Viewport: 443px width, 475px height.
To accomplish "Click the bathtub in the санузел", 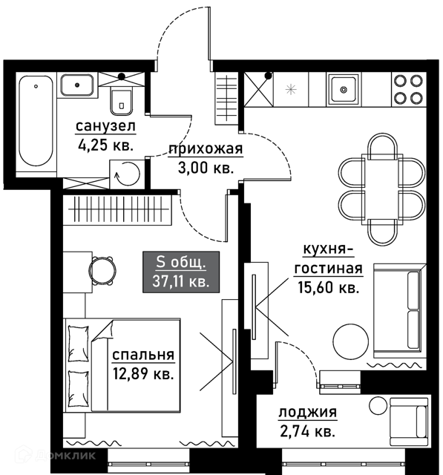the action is [36, 120].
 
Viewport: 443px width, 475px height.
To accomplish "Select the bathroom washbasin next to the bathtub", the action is [77, 85].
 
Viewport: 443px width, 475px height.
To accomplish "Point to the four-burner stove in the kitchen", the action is [408, 89].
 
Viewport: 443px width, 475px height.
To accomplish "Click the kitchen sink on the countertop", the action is [344, 89].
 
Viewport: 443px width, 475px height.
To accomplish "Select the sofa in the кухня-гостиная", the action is [400, 310].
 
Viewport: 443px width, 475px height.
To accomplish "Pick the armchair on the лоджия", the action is [408, 422].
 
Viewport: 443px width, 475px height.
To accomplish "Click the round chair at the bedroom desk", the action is [102, 271].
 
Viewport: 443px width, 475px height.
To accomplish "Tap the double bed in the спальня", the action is [122, 365].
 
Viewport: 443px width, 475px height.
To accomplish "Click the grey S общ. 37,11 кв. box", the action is [181, 272].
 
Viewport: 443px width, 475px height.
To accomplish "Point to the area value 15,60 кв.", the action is [328, 287].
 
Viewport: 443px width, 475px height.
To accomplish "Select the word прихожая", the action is [206, 149].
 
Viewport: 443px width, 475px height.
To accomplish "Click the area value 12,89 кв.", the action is [143, 373].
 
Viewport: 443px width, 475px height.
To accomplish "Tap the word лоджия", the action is [307, 413].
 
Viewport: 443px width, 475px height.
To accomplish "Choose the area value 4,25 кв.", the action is [105, 145].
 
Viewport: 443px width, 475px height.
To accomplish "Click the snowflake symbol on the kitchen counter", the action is [291, 89].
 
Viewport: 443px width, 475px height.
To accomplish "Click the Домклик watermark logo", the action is [55, 455].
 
